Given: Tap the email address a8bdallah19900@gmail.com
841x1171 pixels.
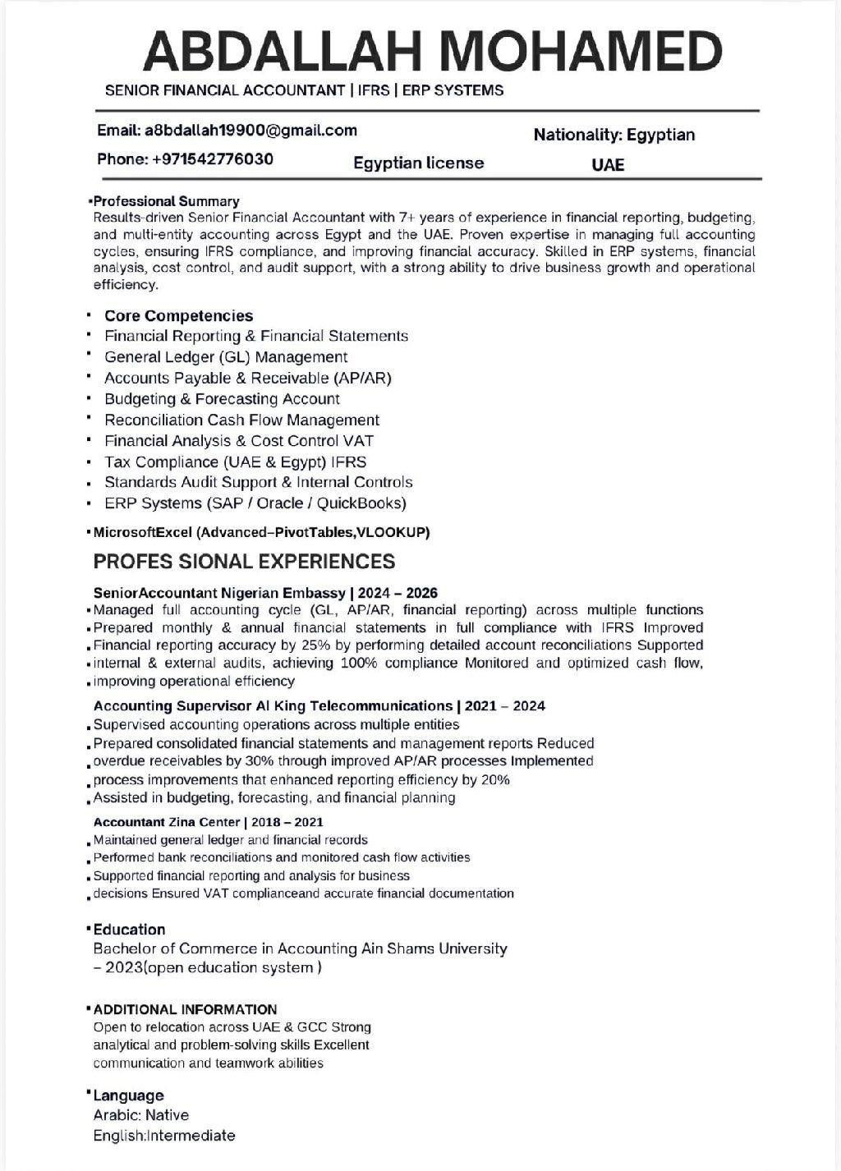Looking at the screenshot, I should click(250, 130).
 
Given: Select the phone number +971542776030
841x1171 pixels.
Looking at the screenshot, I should click(212, 158).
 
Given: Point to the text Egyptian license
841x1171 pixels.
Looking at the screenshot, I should click(418, 163).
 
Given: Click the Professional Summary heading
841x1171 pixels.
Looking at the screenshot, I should click(167, 201).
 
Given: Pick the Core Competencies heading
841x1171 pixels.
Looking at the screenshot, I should click(178, 315).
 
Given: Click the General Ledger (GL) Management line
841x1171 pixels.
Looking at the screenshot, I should click(226, 356).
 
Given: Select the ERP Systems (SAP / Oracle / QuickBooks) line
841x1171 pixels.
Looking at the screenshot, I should click(255, 503).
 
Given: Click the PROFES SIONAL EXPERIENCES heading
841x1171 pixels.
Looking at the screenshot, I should click(244, 562).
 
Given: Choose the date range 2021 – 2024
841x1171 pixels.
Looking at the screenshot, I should click(505, 706).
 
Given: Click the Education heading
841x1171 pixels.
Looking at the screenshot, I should click(129, 930).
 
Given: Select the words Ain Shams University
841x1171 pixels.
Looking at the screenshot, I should click(434, 948).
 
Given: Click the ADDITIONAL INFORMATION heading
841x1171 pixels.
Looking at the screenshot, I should click(185, 1009).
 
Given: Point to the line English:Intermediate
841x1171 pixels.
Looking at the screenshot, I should click(164, 1136).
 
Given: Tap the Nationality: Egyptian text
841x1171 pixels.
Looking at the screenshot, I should click(614, 135).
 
